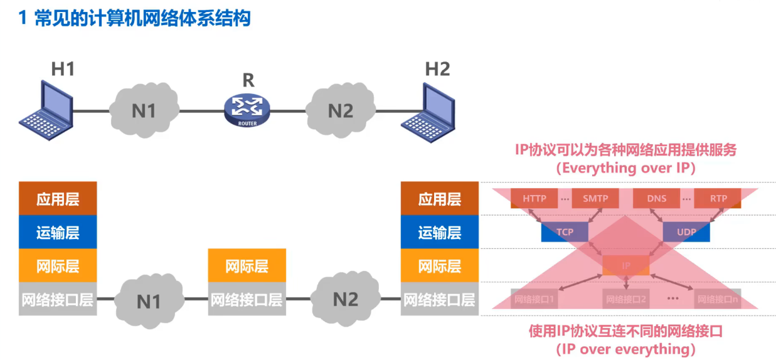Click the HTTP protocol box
point(534,198)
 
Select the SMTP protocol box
point(595,198)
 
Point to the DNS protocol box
point(657,198)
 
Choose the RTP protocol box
point(718,198)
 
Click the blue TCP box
point(565,232)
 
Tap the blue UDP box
point(686,232)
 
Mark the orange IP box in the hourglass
point(626,265)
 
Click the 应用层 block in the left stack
point(58,199)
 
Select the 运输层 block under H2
point(440,232)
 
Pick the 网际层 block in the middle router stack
point(247,265)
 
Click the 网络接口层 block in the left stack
point(58,299)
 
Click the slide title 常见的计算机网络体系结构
point(135,18)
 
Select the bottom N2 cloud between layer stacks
point(344,299)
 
